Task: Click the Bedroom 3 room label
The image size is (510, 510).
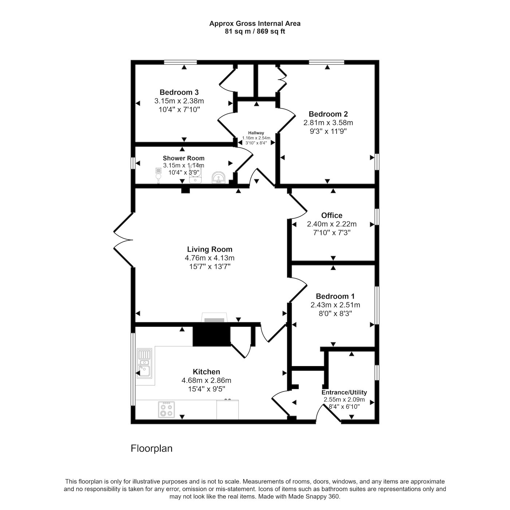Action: pyautogui.click(x=179, y=93)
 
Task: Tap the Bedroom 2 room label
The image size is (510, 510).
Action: pyautogui.click(x=328, y=114)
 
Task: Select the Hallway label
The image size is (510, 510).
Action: pyautogui.click(x=256, y=133)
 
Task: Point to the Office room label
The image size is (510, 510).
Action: pyautogui.click(x=331, y=215)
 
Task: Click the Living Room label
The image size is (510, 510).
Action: pyautogui.click(x=209, y=249)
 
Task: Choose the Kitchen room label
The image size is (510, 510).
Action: pyautogui.click(x=207, y=372)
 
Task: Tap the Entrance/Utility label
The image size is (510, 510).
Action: pyautogui.click(x=344, y=392)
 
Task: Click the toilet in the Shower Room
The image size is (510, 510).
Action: pyautogui.click(x=158, y=175)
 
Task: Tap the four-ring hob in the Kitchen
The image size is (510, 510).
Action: pyautogui.click(x=166, y=410)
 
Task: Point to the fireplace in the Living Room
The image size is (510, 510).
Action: pyautogui.click(x=214, y=317)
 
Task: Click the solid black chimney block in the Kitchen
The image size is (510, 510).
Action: pyautogui.click(x=211, y=336)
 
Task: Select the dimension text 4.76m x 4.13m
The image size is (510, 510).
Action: pyautogui.click(x=209, y=258)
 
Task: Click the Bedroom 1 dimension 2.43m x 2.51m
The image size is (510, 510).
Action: pyautogui.click(x=335, y=305)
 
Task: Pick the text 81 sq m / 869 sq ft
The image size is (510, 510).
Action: pyautogui.click(x=255, y=31)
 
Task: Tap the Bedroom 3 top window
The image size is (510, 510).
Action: pyautogui.click(x=180, y=62)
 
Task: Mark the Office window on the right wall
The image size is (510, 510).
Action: pyautogui.click(x=377, y=217)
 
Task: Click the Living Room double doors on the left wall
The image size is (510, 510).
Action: pyautogui.click(x=123, y=240)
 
